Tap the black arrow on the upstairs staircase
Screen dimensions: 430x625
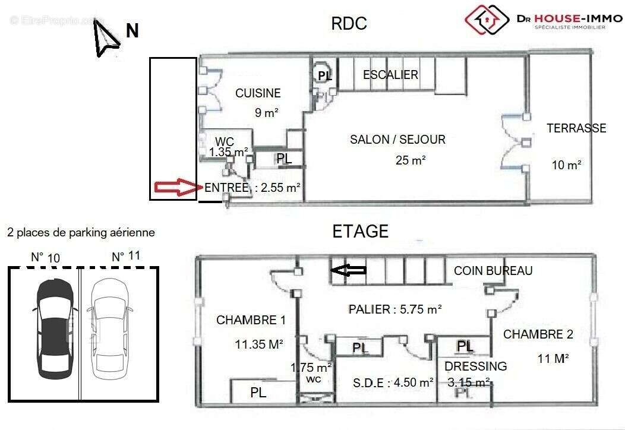click(348, 271)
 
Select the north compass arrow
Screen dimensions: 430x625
click(105, 39)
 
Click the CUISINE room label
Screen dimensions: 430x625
click(258, 93)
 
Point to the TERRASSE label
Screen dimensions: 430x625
click(576, 128)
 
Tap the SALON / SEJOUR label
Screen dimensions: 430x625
click(397, 140)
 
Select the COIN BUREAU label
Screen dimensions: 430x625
click(493, 271)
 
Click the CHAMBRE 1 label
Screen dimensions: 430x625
click(251, 320)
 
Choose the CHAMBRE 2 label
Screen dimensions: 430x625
click(538, 334)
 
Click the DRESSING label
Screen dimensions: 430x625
click(475, 366)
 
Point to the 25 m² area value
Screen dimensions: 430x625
click(411, 160)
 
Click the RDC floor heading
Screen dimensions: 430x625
click(349, 24)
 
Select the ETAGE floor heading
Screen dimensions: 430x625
click(361, 231)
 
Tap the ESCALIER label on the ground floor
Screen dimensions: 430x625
click(390, 75)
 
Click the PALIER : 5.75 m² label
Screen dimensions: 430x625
click(394, 309)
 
